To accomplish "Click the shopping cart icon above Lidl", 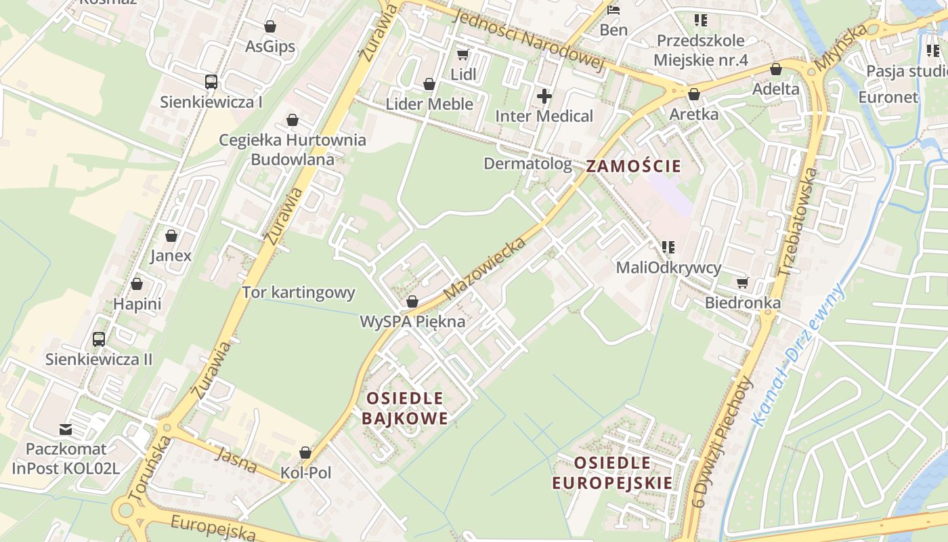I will pos(463,54).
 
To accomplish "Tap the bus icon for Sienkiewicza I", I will pos(211,82).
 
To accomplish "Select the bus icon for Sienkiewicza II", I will pos(99,339).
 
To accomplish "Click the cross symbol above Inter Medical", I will pos(544,96).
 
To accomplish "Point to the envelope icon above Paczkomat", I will pos(66,429).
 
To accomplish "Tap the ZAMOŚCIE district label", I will pos(633,166).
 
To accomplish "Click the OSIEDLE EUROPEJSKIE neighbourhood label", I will pos(613,473).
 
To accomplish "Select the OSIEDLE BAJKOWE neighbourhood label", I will pos(405,408).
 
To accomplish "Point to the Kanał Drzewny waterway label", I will pos(799,355).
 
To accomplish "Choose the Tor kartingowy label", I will pos(299,293).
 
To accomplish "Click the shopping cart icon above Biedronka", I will pos(743,283).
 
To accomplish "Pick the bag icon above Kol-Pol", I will pos(305,453).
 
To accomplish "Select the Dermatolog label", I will pos(527,163).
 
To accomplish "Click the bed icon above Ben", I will pos(613,10).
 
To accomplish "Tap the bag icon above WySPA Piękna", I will pos(412,301).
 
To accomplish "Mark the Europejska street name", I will pos(213,528).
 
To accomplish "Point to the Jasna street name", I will pos(236,460).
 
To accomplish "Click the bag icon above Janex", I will pos(171,236).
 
